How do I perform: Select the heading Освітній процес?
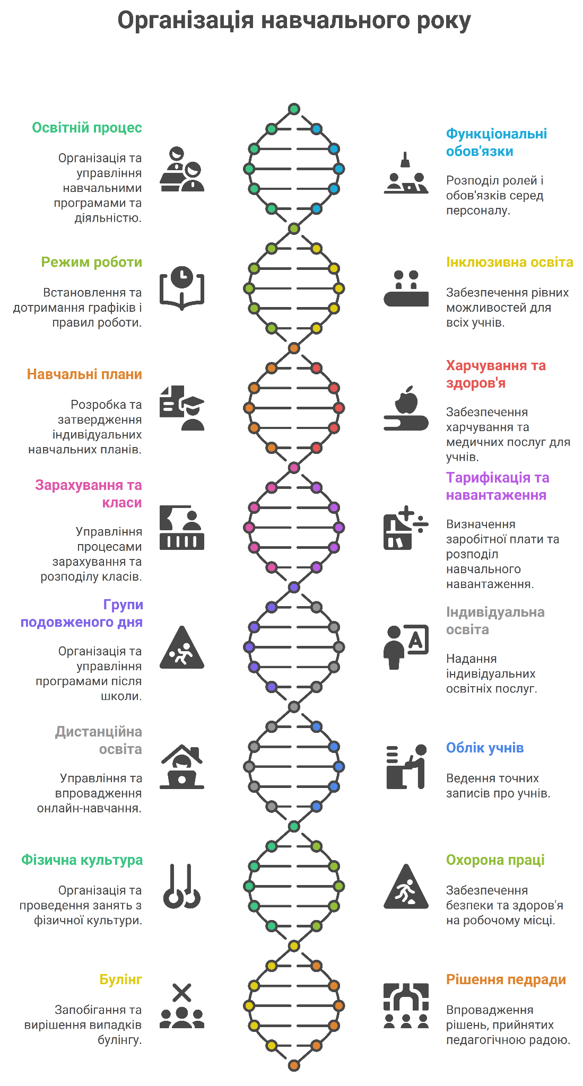click(87, 128)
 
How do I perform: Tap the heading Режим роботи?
click(92, 262)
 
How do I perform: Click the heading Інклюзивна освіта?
click(509, 262)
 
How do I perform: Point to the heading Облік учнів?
click(485, 748)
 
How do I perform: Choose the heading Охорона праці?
click(495, 860)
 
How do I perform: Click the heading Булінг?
click(121, 979)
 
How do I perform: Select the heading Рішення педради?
click(506, 979)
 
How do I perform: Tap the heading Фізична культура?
click(82, 860)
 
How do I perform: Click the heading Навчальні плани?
click(85, 374)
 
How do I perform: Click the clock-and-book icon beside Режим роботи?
click(182, 288)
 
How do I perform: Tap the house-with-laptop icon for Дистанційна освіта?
click(182, 767)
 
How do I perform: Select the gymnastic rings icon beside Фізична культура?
click(182, 886)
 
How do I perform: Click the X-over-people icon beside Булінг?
click(182, 1006)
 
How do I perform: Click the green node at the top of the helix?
click(294, 109)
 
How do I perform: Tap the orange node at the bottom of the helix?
click(294, 1065)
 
